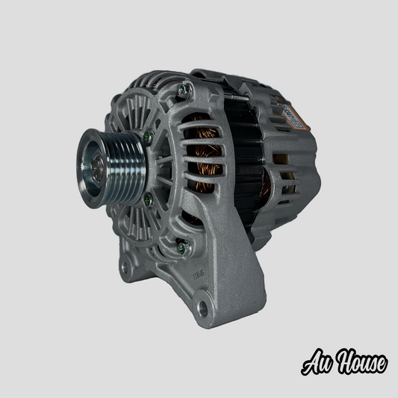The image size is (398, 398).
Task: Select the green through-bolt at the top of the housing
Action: [x=186, y=90]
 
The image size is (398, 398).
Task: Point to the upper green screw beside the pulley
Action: [x=149, y=137]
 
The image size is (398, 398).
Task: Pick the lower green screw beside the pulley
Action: [x=148, y=199]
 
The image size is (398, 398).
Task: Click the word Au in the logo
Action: [x=317, y=364]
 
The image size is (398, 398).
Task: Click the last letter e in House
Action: [x=380, y=364]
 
